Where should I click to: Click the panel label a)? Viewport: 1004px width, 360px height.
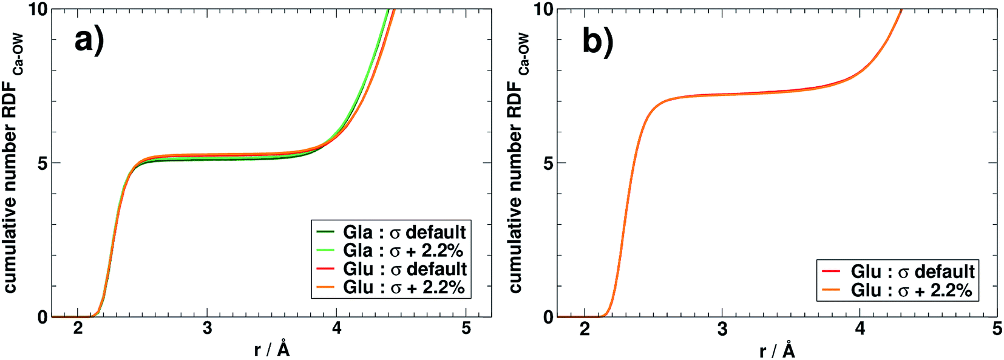[x=89, y=41]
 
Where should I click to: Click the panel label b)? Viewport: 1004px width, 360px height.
[x=597, y=41]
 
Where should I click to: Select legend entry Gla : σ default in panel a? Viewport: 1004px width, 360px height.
[x=404, y=232]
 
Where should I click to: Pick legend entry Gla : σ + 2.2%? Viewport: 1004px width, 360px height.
[x=403, y=250]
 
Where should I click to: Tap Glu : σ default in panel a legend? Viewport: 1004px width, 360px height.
[x=405, y=268]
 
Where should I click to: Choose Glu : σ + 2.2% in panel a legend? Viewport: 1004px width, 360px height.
[x=404, y=287]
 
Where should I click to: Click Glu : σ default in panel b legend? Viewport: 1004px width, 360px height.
[x=912, y=271]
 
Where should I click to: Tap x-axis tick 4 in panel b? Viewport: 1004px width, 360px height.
[x=860, y=330]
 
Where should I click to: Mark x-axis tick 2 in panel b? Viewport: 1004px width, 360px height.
[x=585, y=330]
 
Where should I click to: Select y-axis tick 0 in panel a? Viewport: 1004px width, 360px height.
[x=41, y=317]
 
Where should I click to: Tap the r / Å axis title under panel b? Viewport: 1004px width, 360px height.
[x=777, y=350]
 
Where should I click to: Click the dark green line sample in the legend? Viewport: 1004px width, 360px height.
[x=326, y=232]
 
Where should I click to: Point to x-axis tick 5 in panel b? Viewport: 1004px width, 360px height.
[x=997, y=330]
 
